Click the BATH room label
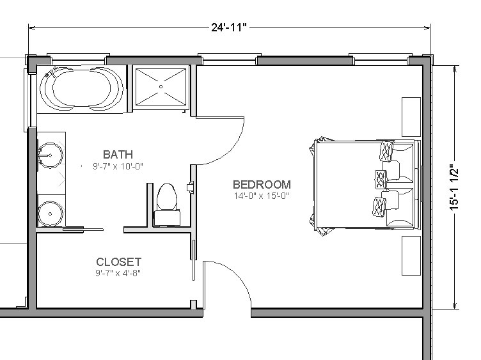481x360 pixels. click(118, 154)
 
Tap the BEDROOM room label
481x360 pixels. click(262, 184)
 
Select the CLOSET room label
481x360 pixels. click(119, 262)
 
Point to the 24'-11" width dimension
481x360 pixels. click(229, 27)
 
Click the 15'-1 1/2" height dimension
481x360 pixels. click(454, 189)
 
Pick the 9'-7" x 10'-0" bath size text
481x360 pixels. click(118, 166)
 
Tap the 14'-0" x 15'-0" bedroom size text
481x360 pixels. click(262, 196)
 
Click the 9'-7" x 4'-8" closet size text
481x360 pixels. click(118, 272)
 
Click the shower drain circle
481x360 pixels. click(161, 86)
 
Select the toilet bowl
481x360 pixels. click(167, 197)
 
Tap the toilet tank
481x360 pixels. click(167, 217)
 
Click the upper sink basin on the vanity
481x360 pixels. click(51, 155)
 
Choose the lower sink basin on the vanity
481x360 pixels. click(51, 213)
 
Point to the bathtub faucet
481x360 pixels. click(51, 72)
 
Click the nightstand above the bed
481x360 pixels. click(411, 117)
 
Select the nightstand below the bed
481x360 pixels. click(411, 256)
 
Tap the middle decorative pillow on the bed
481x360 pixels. click(381, 180)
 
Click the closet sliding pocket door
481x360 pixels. click(194, 260)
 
